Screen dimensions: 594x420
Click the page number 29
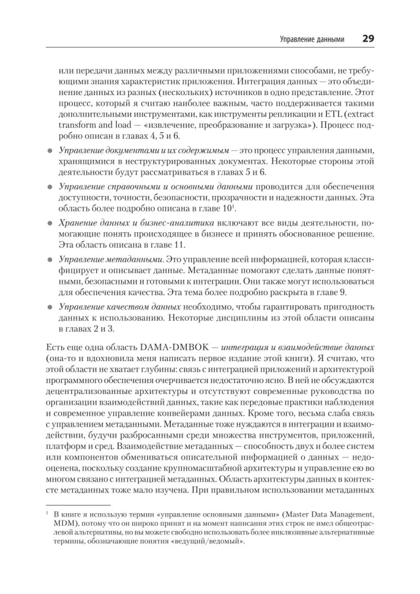pos(367,39)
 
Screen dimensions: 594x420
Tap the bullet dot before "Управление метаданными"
pos(50,260)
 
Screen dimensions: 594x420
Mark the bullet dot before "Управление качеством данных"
pos(50,308)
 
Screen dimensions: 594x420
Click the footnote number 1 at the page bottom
pos(47,513)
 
